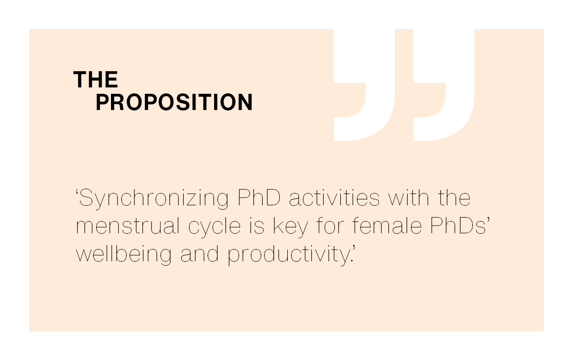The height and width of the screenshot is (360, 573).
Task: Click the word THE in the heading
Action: (x=96, y=80)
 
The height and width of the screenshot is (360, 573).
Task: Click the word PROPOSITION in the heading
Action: (x=174, y=102)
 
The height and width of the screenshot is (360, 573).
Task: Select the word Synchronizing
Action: (x=154, y=199)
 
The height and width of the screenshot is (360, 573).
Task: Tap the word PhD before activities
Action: (x=259, y=197)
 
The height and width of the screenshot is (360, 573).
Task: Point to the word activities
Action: (x=334, y=197)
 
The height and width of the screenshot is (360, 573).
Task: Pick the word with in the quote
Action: (x=409, y=197)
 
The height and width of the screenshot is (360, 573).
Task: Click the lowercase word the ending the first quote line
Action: (x=454, y=197)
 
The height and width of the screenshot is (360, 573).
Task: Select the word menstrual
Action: (x=128, y=226)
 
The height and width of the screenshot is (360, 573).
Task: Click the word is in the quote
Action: (x=257, y=226)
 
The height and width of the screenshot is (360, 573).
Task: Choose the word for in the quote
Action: (x=330, y=226)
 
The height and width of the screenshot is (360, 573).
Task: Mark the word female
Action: (x=387, y=226)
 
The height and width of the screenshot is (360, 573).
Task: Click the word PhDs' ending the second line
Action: (x=460, y=226)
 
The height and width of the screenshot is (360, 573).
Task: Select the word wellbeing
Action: (x=124, y=255)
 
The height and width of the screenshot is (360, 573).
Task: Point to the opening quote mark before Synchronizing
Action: (x=77, y=193)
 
